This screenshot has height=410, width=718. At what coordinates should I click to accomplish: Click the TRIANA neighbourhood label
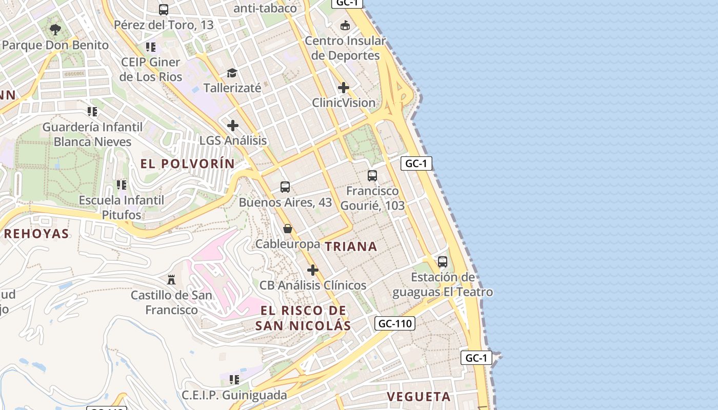point(351,247)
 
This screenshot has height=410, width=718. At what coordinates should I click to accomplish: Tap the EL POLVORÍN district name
point(188,164)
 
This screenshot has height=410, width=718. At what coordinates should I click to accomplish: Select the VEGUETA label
point(418,397)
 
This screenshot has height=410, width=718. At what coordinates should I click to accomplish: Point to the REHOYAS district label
point(36,234)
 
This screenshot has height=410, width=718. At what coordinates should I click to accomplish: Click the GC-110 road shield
point(395,323)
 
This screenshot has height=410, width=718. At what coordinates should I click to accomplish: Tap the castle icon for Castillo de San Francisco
point(171,280)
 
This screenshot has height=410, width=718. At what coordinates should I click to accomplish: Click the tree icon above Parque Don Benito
point(55,30)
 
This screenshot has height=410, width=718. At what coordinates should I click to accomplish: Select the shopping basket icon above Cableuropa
point(288,229)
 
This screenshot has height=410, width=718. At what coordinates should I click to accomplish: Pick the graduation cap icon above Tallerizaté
point(232,73)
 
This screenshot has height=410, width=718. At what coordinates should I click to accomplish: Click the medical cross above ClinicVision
point(344,88)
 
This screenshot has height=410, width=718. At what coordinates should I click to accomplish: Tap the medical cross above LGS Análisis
point(233,125)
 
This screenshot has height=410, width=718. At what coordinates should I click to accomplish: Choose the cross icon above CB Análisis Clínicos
point(312,270)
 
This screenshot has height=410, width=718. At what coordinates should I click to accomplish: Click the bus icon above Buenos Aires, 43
point(285,187)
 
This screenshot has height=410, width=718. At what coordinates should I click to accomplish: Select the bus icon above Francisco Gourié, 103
point(372,176)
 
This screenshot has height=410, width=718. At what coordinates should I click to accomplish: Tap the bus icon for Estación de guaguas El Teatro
point(443,262)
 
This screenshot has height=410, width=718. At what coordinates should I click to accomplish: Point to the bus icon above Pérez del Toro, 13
point(164,10)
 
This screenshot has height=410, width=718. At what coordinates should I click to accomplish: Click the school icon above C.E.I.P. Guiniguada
point(234,380)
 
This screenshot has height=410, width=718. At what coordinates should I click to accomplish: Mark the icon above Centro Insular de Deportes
point(345,25)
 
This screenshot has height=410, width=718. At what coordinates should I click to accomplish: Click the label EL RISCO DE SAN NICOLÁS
point(303,318)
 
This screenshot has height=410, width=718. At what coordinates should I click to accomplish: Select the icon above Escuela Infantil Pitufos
point(122,184)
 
